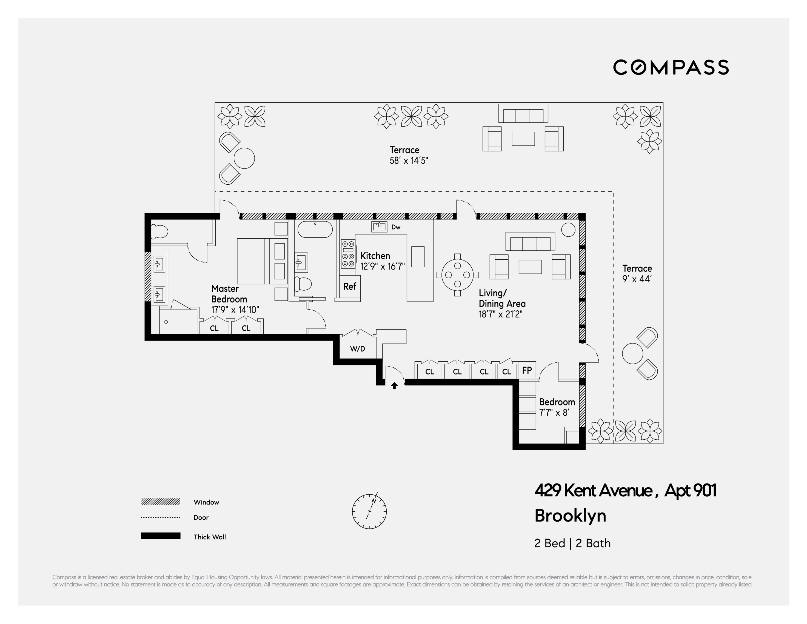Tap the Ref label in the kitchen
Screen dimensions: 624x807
pos(350,286)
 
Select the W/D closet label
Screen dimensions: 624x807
pos(357,349)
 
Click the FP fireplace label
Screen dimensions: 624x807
pos(527,370)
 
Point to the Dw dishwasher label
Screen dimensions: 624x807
pos(396,227)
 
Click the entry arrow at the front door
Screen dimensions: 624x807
pos(394,386)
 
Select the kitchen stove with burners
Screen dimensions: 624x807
pos(348,254)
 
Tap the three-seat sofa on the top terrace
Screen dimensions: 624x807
pos(523,114)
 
